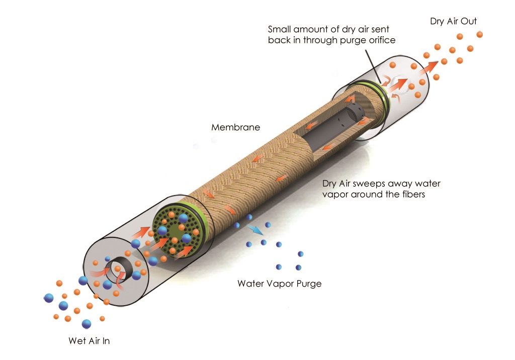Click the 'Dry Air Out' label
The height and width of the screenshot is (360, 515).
click(453, 21)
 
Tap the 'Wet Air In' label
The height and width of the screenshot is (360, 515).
click(89, 340)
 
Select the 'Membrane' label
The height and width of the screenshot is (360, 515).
click(235, 127)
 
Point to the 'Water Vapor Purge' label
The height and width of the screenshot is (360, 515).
click(280, 284)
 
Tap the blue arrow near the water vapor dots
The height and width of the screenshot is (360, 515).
click(255, 230)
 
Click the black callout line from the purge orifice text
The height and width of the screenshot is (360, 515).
click(373, 66)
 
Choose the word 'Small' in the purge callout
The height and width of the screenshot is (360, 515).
click(279, 29)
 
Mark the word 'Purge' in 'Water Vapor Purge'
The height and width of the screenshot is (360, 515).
click(309, 284)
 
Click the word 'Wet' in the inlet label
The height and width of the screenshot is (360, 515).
click(77, 340)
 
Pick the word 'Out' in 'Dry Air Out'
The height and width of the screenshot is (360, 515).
click(469, 21)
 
